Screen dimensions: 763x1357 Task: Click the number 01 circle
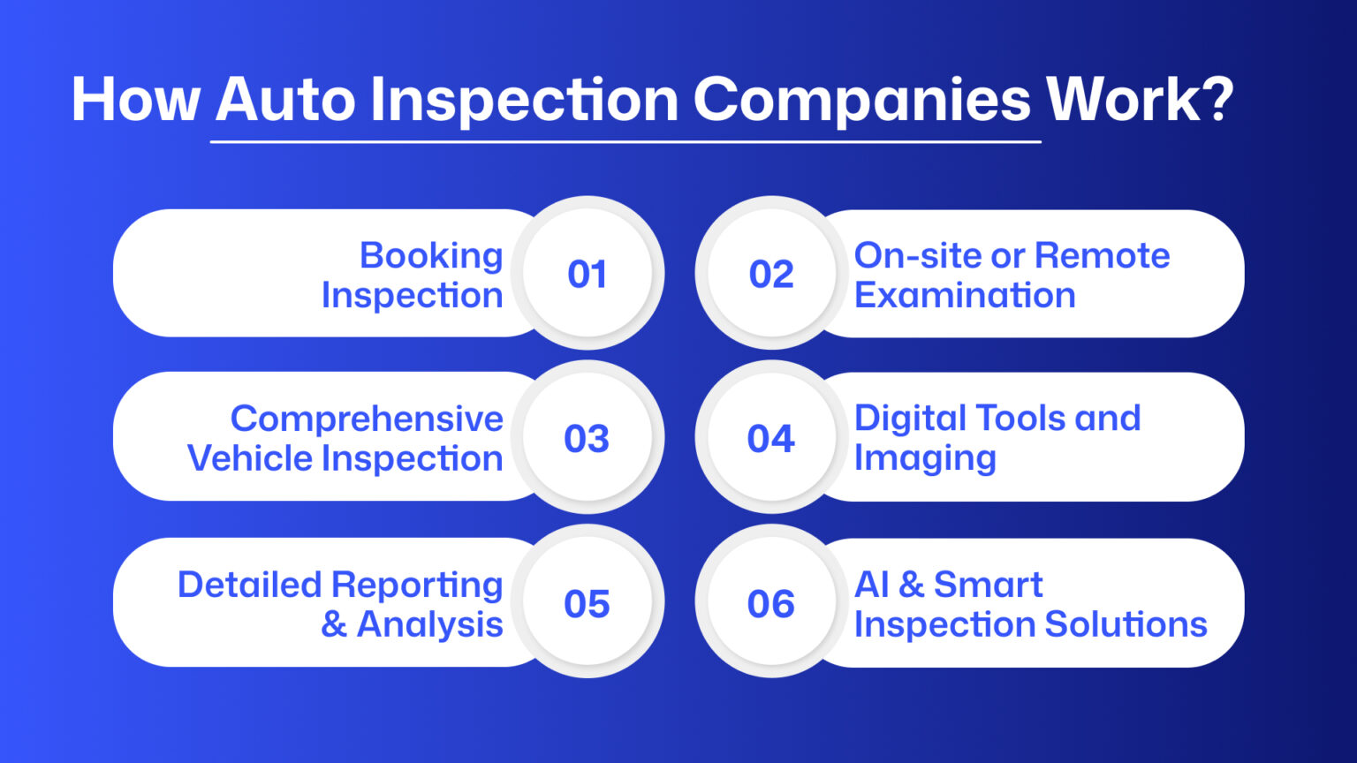588,274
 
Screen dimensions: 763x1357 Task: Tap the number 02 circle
771,274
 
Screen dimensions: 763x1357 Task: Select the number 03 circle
588,438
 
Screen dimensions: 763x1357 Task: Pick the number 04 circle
771,438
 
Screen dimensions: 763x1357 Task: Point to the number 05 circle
588,603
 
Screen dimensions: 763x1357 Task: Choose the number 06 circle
771,603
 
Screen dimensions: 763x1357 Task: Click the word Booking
431,256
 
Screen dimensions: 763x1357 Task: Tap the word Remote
1102,255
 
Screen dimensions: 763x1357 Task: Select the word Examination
965,295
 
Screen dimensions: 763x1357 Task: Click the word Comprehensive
367,419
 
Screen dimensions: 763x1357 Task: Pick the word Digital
910,419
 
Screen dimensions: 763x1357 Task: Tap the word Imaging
925,458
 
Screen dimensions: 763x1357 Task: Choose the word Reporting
416,585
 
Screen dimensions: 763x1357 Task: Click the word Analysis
430,624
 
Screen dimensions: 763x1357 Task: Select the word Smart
988,585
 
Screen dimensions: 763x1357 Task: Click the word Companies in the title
861,99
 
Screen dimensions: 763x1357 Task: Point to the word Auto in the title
285,99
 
